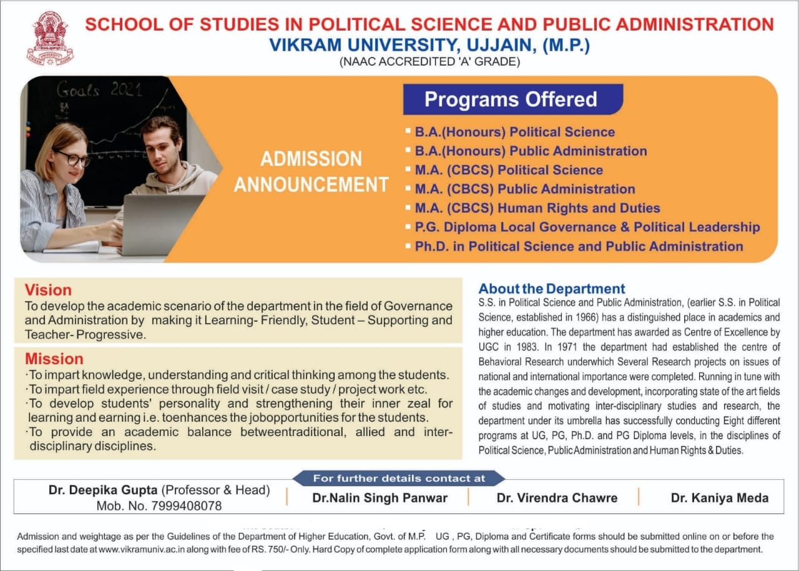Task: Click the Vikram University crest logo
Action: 50,38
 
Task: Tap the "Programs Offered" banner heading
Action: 511,99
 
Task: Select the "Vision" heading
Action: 48,290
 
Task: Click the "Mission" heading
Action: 54,359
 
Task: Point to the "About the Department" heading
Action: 551,289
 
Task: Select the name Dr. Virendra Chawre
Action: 557,498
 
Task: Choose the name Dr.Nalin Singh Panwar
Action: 380,498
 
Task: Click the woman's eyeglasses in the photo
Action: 74,159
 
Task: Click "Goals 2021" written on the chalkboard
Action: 99,91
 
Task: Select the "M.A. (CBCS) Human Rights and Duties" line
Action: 537,208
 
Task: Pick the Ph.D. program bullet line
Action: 579,246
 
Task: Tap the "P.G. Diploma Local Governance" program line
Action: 587,227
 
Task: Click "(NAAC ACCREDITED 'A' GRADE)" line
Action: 429,62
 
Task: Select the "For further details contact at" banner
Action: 399,479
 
